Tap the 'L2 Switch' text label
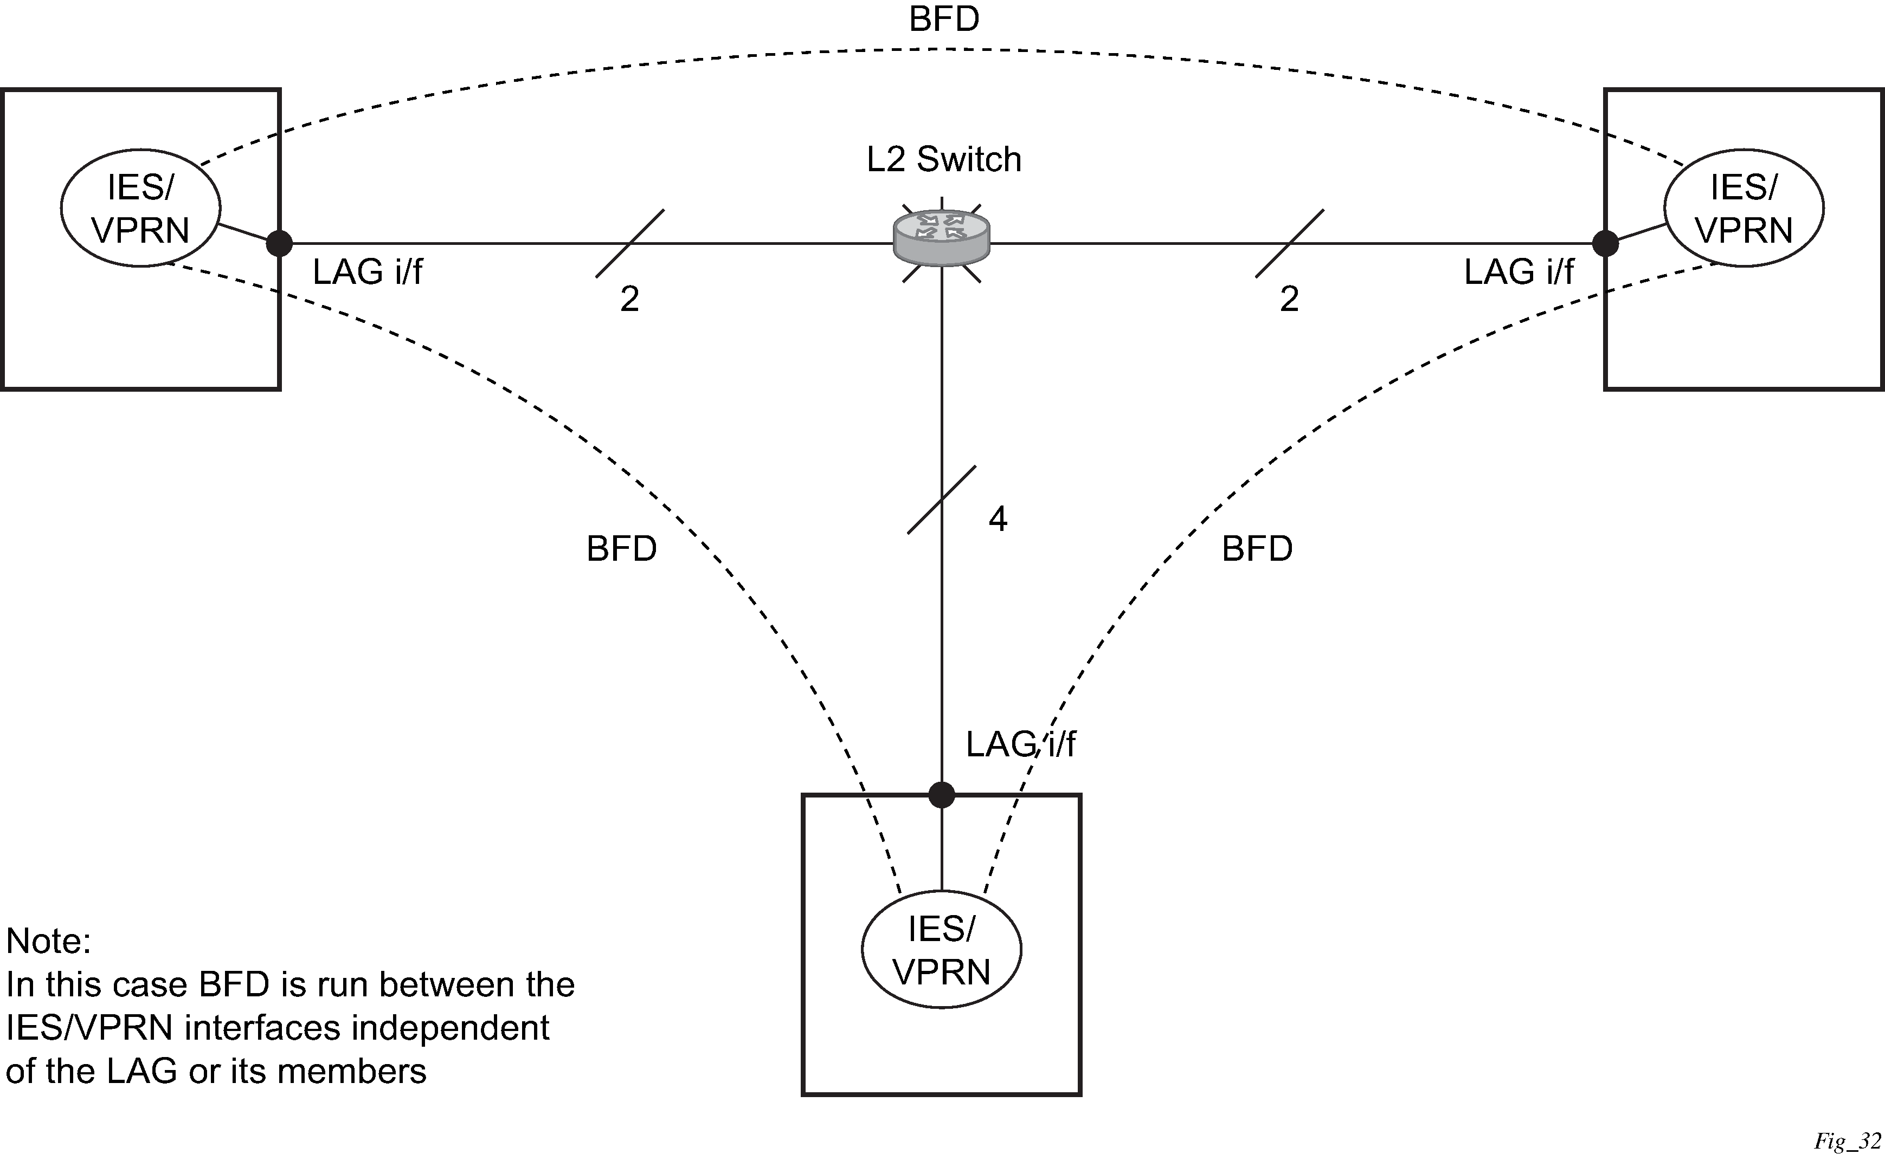944,160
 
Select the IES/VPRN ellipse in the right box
1744,208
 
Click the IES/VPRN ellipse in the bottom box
942,950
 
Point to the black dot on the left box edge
279,244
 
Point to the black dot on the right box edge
1605,244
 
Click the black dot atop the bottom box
942,795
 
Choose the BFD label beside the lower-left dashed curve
621,549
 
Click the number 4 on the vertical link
998,519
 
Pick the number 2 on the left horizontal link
629,299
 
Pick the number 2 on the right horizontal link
1290,299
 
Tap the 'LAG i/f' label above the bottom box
1020,744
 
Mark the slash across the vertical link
942,500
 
